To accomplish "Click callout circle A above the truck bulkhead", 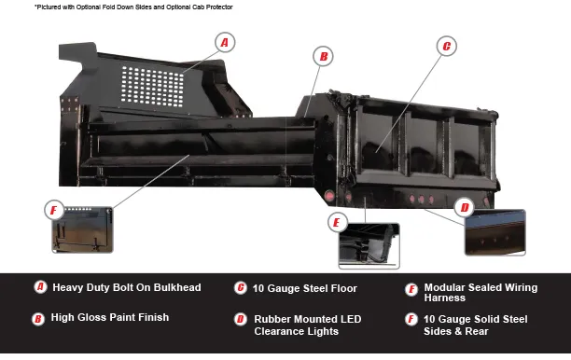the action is tap(225, 42).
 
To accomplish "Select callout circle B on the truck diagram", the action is tap(323, 56).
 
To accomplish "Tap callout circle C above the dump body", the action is tap(447, 46).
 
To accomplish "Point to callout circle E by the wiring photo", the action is tap(337, 222).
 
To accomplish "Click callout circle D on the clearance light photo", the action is tap(465, 207).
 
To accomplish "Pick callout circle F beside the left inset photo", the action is tap(54, 210).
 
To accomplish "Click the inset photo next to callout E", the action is tap(369, 246).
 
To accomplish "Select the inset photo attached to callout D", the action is tap(494, 232).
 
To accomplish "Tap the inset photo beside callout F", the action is tap(83, 229).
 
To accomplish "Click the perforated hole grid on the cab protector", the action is tap(152, 87).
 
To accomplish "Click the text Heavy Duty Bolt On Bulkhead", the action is tap(127, 287).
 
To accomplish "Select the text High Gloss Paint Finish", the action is tap(110, 317).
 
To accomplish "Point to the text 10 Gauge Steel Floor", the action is tap(305, 288).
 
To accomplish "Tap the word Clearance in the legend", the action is tap(279, 331).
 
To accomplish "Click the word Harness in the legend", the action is tap(445, 298).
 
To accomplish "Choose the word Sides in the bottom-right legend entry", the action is tap(438, 331).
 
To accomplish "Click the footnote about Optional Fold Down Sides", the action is tap(133, 7).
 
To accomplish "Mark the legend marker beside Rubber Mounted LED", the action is tap(241, 319).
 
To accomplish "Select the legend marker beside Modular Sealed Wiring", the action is tap(411, 290).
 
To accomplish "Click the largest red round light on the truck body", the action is tap(329, 196).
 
